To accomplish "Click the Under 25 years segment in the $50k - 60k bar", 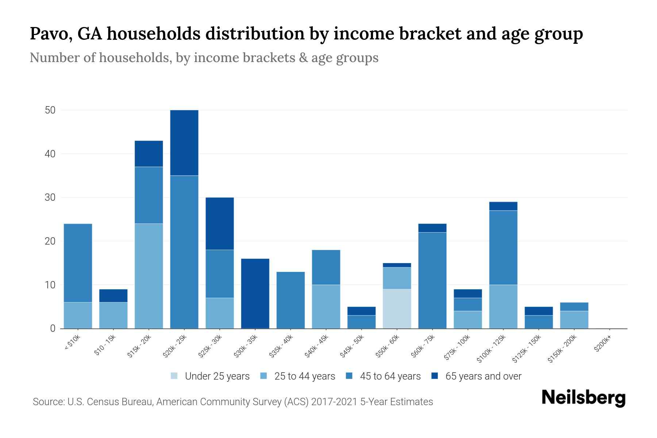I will click(x=397, y=309).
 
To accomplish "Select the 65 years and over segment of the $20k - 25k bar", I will click(x=184, y=143).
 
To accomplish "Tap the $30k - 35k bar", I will click(x=255, y=293).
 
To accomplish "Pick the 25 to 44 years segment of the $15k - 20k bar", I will click(x=149, y=276).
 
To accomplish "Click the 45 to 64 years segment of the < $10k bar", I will click(x=78, y=263).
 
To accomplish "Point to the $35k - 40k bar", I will click(x=291, y=300).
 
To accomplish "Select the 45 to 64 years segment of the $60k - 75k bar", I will click(x=432, y=280).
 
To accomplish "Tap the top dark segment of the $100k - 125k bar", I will click(x=503, y=206).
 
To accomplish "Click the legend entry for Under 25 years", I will click(x=210, y=376).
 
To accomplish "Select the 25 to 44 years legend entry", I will click(x=298, y=376).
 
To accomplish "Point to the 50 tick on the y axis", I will click(x=50, y=110).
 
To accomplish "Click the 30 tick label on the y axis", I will click(x=50, y=197).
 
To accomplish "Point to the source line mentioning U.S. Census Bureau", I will click(x=233, y=402).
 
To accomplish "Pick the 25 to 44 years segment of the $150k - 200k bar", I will click(x=574, y=320).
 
